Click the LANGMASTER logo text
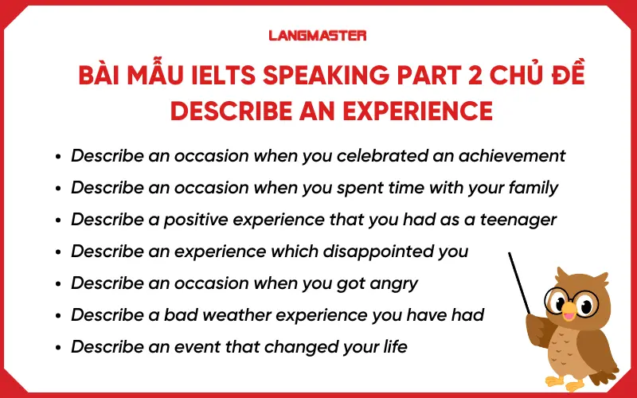tap(318, 36)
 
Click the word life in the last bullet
tap(393, 346)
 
